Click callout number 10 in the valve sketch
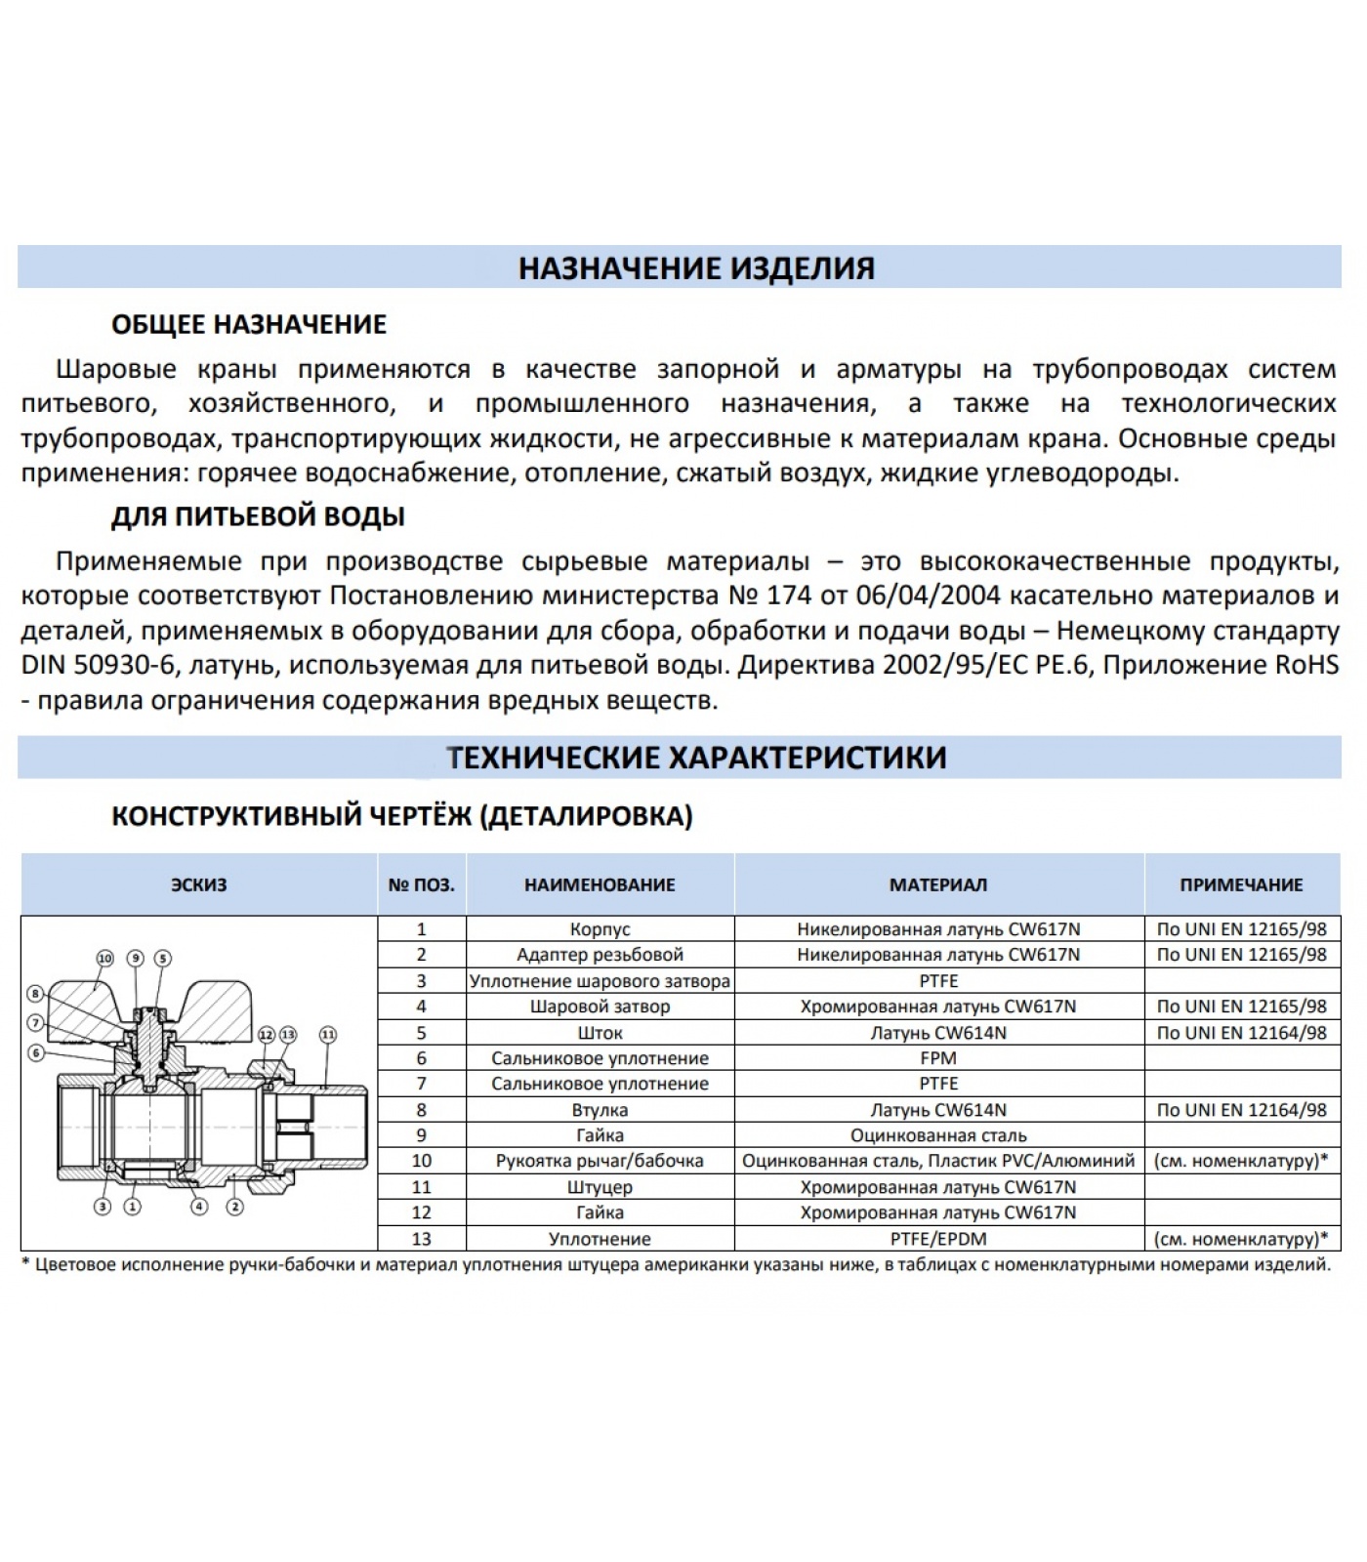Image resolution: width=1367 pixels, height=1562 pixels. click(104, 958)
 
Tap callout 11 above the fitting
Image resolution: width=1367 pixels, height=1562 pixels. click(328, 1034)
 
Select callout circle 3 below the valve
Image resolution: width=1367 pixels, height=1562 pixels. click(103, 1207)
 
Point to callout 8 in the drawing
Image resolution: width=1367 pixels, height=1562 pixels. click(35, 995)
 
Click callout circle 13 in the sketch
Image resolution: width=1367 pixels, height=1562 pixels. click(287, 1034)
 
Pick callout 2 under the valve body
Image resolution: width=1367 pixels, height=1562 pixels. click(234, 1207)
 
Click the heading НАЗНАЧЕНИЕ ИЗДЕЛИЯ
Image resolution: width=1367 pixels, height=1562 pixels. click(696, 267)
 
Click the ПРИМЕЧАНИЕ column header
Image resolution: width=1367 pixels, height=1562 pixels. click(1241, 884)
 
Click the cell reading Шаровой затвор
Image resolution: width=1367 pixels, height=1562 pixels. click(600, 1007)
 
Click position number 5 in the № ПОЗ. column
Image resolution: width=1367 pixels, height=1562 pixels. click(422, 1033)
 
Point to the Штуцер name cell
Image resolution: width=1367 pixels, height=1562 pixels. click(600, 1187)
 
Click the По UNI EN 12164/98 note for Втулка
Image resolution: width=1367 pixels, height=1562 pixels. click(1241, 1110)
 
